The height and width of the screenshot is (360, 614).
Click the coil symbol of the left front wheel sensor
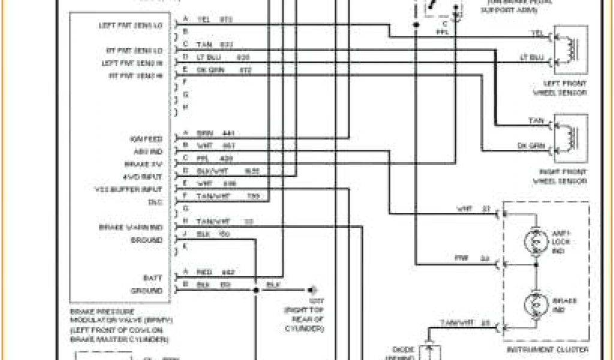(x=572, y=45)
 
